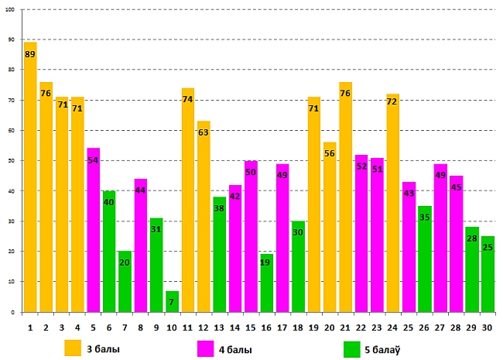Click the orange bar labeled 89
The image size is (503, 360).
pos(30,177)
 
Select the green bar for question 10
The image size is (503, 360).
pos(173,302)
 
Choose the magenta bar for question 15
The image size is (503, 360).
pos(251,236)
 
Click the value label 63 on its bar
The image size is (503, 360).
pos(204,132)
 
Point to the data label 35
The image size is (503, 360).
pos(425,218)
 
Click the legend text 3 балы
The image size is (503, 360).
pos(102,348)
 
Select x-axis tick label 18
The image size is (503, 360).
pos(299,327)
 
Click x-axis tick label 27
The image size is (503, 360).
pos(440,327)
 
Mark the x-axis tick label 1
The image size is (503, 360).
pos(30,327)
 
